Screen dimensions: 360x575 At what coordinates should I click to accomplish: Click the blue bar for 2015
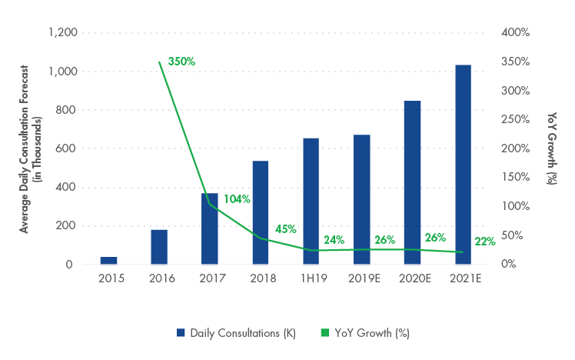pos(109,261)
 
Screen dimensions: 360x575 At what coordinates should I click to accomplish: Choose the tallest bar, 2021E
pos(463,165)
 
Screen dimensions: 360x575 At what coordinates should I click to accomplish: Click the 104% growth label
pos(238,199)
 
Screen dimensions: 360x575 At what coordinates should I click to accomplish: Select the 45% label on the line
pos(286,228)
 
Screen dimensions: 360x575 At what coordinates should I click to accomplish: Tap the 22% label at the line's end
pos(484,242)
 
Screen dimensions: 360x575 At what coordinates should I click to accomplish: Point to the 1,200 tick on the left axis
pos(63,33)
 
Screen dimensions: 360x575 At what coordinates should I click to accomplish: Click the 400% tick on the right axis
pos(514,33)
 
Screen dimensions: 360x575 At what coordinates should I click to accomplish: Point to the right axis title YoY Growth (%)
pos(553,148)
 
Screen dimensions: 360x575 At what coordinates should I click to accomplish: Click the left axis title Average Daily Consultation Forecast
pos(24,148)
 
